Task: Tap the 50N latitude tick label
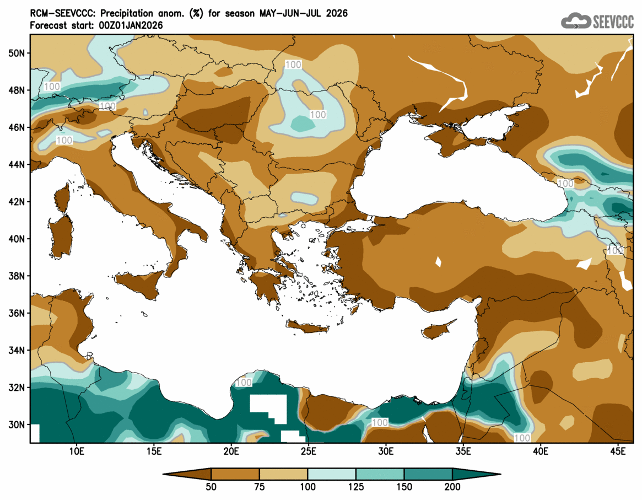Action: [18, 53]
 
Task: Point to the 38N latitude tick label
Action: [18, 276]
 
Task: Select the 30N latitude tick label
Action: [18, 425]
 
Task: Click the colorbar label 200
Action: [452, 487]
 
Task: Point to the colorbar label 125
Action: [356, 487]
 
